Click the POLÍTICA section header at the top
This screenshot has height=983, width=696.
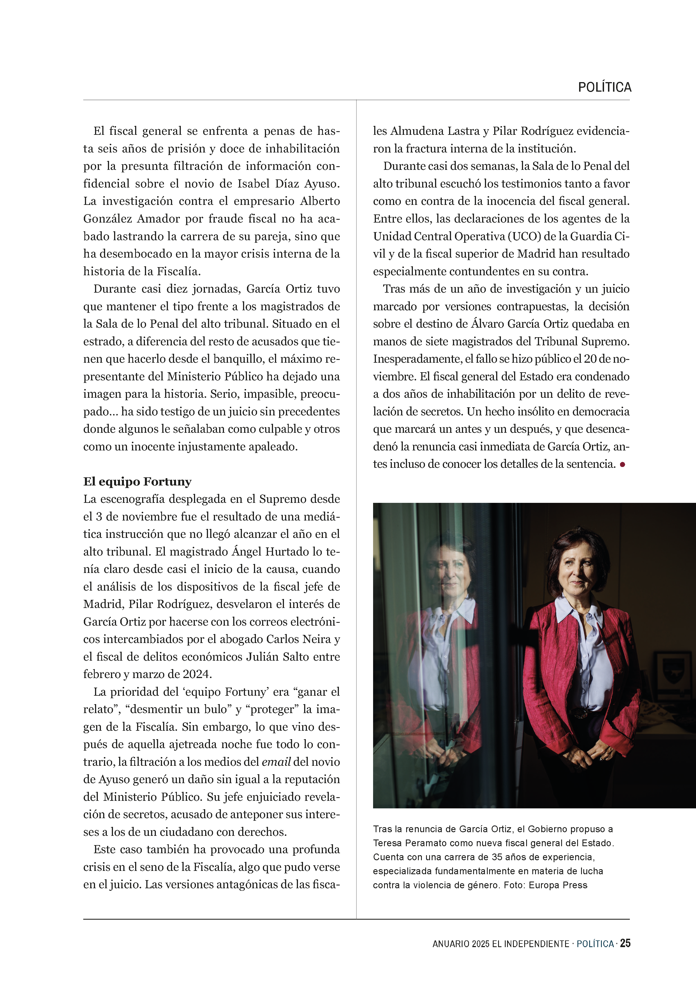point(604,87)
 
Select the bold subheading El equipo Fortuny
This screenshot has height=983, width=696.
point(137,482)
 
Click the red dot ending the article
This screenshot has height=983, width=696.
point(622,464)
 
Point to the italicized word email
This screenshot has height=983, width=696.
point(276,762)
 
